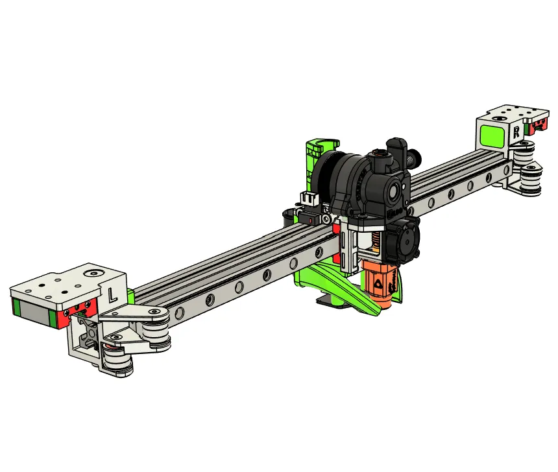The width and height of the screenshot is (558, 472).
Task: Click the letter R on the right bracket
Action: coord(516,132)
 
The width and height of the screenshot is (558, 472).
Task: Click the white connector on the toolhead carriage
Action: coord(308,200)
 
